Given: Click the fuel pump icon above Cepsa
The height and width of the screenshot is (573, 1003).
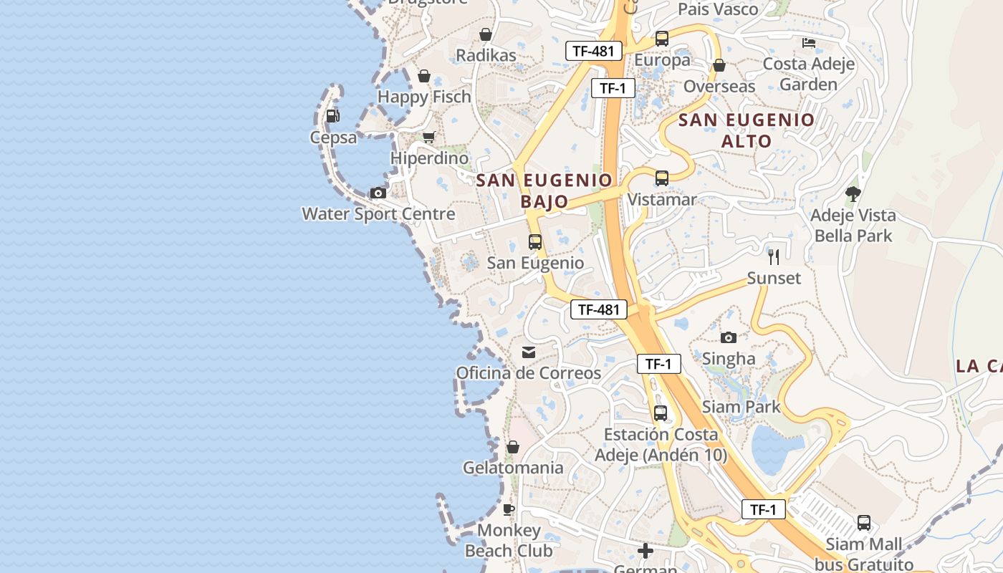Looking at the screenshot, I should [x=332, y=115].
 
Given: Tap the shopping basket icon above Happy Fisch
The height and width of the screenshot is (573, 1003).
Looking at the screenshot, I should [x=424, y=75].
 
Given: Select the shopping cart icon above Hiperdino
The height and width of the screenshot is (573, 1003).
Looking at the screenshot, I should [x=428, y=137].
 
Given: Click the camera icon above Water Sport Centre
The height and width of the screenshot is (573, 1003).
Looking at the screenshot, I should [x=378, y=193].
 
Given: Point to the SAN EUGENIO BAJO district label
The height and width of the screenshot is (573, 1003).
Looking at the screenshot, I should [x=544, y=191].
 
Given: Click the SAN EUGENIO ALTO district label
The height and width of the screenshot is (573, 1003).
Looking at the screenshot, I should [x=747, y=130].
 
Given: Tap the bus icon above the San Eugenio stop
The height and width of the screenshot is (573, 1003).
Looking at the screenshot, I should [x=535, y=242].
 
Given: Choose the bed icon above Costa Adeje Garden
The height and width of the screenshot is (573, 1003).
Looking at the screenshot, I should [x=809, y=43].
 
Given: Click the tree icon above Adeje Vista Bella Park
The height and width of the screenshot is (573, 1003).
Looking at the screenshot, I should [x=853, y=193].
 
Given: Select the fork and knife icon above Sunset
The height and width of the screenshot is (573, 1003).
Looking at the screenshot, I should [x=774, y=256].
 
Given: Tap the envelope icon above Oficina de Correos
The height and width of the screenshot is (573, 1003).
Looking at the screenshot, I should [x=529, y=352].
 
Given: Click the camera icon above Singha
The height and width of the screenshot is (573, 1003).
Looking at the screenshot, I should [x=729, y=337].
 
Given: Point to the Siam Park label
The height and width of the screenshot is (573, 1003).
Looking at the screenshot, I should [x=742, y=407].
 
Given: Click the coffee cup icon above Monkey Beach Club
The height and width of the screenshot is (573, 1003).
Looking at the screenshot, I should [x=509, y=509].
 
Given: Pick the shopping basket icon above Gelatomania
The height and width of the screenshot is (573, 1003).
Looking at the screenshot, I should [x=513, y=447].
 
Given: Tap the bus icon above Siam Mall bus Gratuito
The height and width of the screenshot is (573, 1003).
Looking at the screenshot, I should [x=864, y=523].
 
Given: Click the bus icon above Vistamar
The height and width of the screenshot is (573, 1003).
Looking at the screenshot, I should [x=662, y=178].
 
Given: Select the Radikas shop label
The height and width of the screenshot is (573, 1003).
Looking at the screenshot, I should [x=486, y=55].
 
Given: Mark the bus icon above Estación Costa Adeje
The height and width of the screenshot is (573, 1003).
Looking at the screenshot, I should [x=661, y=413].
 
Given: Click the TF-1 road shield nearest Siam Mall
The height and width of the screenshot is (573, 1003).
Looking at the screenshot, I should [x=763, y=509].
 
